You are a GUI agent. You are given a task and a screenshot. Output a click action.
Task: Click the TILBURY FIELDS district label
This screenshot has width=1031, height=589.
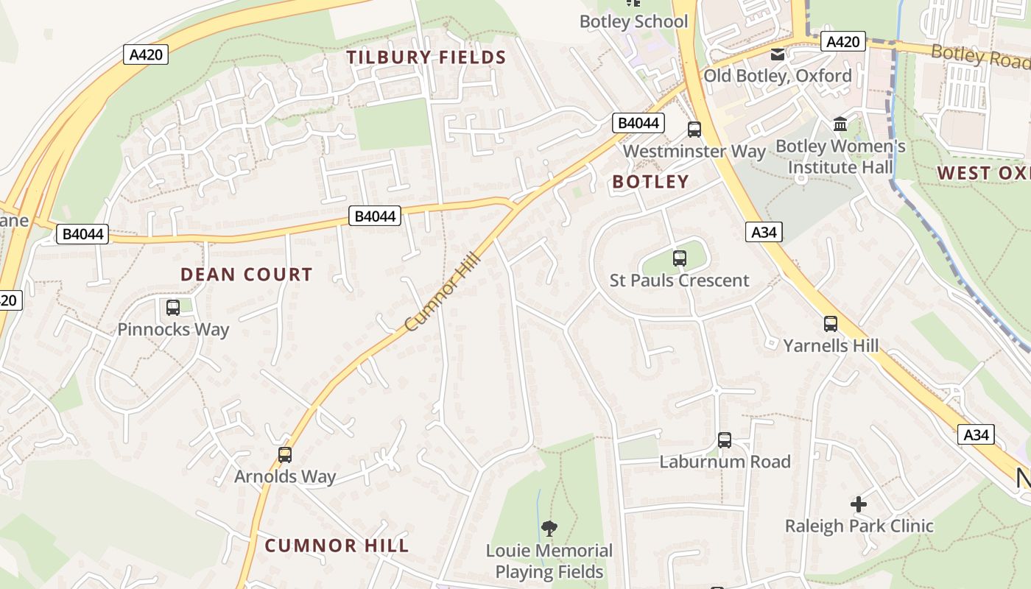[x=426, y=57]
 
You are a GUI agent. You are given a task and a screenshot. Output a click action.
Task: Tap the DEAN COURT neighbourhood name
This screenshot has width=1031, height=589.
[x=247, y=275]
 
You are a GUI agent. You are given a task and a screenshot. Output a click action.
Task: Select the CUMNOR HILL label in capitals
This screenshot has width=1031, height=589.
[x=337, y=546]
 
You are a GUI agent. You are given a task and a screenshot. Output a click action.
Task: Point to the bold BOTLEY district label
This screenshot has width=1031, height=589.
[x=651, y=182]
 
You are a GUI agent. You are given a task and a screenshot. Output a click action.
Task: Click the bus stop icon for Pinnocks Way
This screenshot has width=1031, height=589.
[x=173, y=308]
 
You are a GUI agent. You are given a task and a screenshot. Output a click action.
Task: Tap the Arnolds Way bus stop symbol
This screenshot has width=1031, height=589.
[x=285, y=455]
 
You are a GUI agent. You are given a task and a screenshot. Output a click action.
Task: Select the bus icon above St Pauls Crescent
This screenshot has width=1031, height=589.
[x=680, y=258]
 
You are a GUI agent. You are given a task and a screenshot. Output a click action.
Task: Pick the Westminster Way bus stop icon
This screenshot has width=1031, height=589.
[x=694, y=130]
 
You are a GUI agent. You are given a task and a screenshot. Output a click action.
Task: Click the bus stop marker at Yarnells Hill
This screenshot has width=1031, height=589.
[x=831, y=323]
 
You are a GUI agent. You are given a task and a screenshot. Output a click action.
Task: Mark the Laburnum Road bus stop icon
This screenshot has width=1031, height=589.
[x=725, y=440]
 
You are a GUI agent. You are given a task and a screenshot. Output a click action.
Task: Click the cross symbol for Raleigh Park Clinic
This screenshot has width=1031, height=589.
[x=859, y=504]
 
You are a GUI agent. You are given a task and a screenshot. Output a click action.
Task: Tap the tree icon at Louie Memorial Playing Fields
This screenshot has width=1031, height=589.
[x=549, y=528]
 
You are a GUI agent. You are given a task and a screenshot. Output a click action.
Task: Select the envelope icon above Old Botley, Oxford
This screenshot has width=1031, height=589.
[x=778, y=54]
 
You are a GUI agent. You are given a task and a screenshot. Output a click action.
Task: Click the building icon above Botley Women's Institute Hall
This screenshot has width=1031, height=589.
[x=840, y=124]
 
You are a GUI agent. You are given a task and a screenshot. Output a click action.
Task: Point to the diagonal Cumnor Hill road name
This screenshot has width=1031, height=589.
[x=443, y=292]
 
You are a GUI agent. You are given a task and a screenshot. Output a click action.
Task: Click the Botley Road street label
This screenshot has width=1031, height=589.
[x=979, y=56]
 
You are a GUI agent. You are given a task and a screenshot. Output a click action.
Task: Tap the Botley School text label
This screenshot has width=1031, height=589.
[x=633, y=21]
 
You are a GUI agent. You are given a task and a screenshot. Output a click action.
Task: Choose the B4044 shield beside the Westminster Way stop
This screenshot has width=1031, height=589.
[x=638, y=123]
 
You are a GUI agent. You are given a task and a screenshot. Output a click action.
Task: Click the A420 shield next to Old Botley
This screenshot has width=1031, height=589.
[x=842, y=41]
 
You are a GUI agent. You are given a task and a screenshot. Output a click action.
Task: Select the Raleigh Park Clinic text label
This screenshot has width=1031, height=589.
[x=859, y=526]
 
